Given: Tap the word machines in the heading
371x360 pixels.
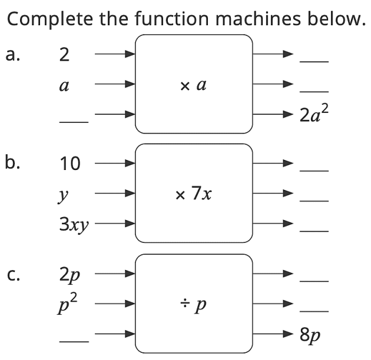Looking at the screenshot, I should (x=250, y=19).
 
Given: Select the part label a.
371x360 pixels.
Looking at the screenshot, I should (x=12, y=55).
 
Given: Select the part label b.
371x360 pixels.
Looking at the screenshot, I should (x=12, y=163).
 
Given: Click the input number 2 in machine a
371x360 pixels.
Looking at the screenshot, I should (x=64, y=55).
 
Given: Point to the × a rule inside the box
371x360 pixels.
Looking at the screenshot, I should (x=193, y=86).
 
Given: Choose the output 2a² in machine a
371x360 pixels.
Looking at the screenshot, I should (x=313, y=114).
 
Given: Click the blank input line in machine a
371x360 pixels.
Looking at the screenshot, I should (x=74, y=122).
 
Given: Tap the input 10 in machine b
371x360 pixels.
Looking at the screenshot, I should (x=69, y=164).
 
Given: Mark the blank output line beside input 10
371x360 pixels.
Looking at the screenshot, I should (x=313, y=171).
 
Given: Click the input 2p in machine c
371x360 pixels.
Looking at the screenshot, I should (x=70, y=274).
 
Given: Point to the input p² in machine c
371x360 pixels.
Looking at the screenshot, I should (x=69, y=305).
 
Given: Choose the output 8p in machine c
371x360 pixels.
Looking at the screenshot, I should (x=310, y=336).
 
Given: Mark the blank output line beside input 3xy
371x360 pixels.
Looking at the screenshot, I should (x=313, y=231).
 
